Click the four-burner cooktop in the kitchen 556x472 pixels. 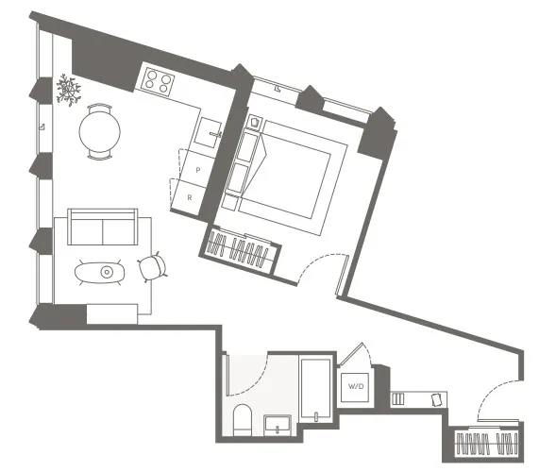(158, 80)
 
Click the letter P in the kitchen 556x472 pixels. (197, 168)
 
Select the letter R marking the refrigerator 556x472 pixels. (190, 196)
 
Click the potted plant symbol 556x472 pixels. (68, 90)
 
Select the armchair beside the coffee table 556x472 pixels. (152, 269)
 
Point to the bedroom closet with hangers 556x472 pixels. (242, 250)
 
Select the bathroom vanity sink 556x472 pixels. (279, 423)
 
